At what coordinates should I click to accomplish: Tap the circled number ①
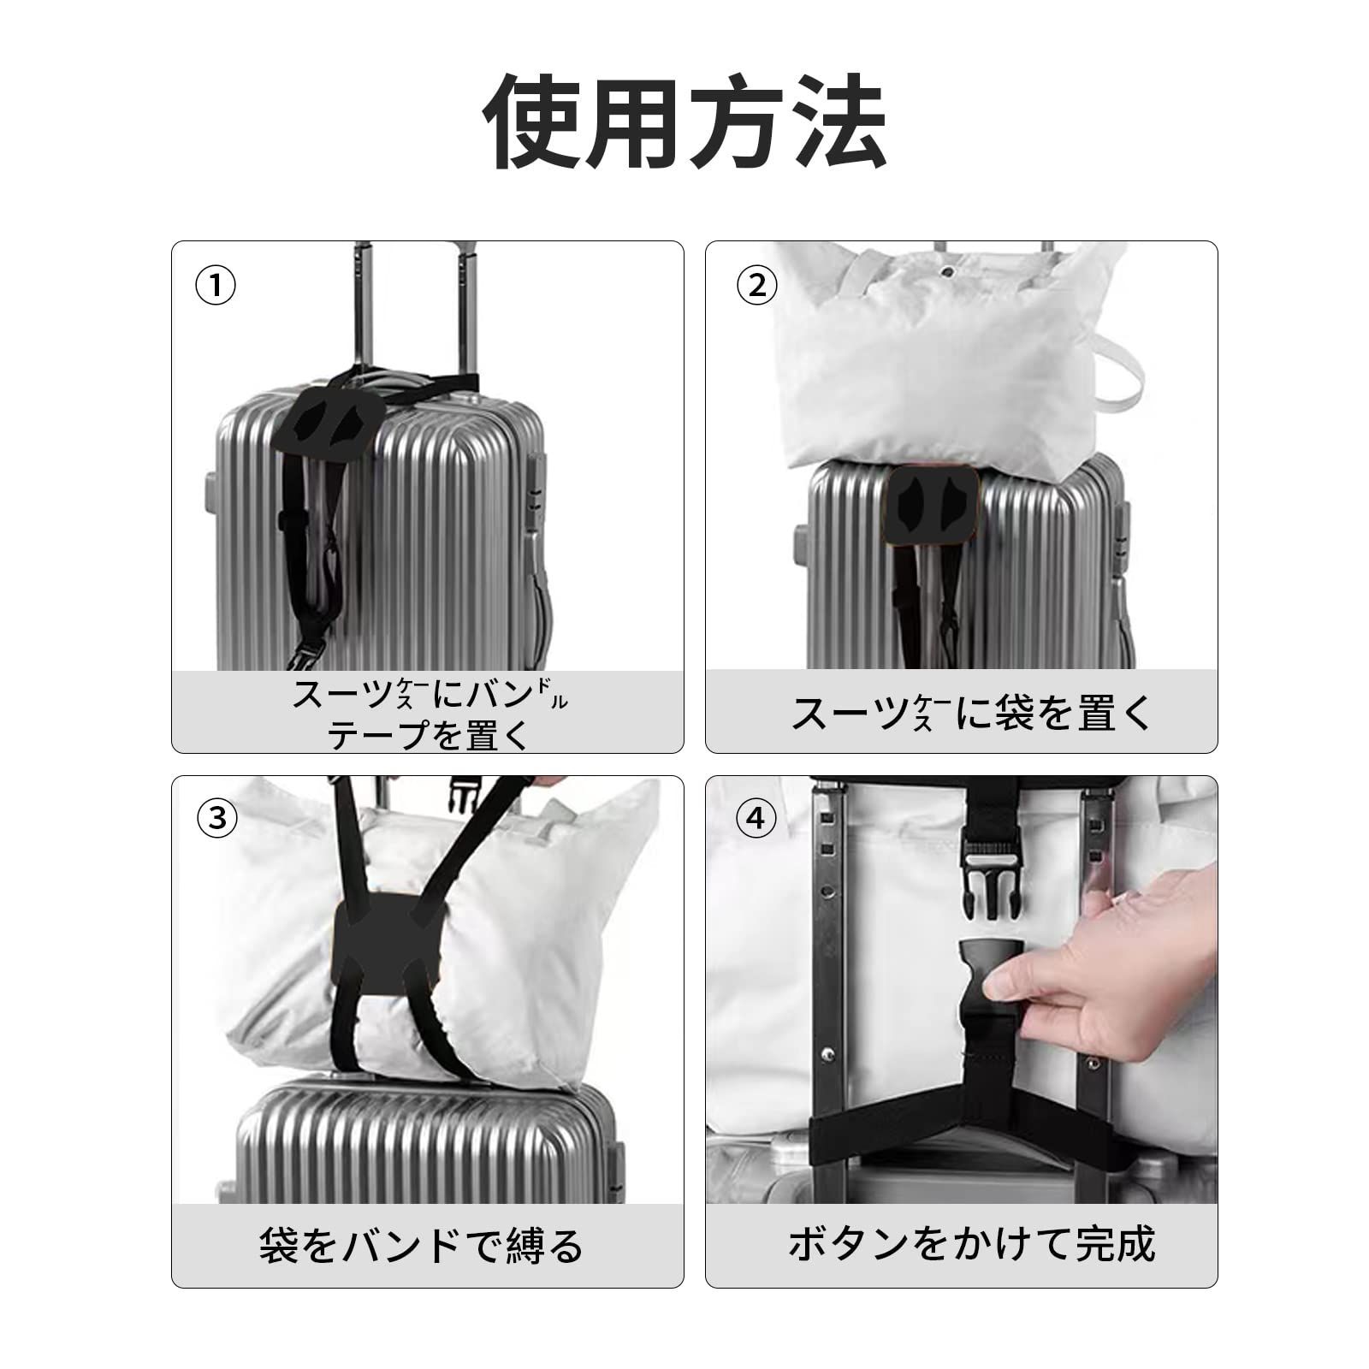point(216,286)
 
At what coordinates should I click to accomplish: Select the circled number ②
point(757,286)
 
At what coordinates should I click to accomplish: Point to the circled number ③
point(216,819)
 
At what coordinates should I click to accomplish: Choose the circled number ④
point(756,819)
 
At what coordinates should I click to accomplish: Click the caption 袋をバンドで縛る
point(421,1245)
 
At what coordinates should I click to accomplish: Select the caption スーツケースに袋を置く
point(973,712)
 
